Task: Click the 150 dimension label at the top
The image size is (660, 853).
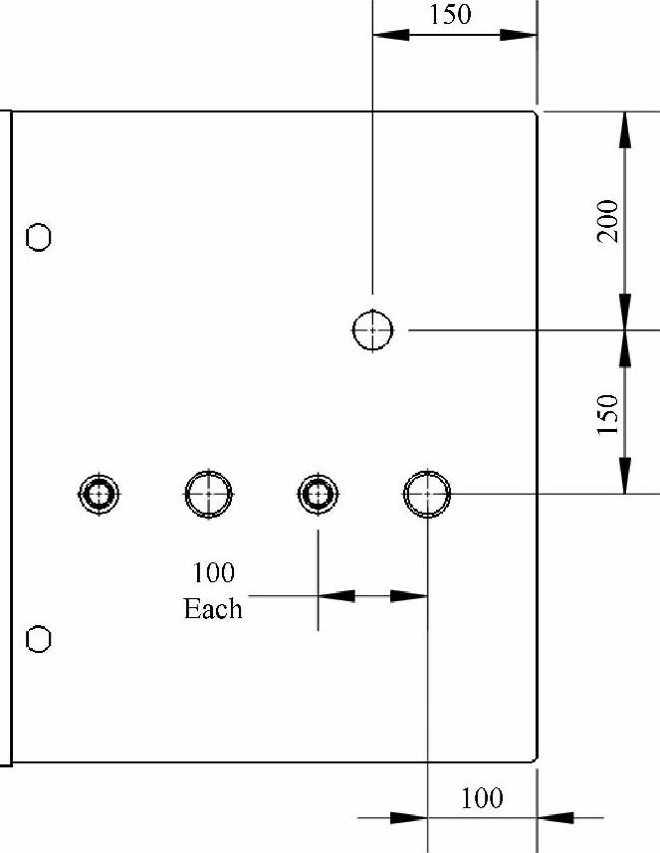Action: (x=449, y=15)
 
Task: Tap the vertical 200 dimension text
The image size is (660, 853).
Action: (x=609, y=220)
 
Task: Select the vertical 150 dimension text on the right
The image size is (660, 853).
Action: (x=609, y=413)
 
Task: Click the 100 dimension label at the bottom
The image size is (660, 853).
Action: (x=483, y=797)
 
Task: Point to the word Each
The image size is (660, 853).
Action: (x=213, y=608)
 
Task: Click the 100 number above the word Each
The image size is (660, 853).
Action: (x=213, y=573)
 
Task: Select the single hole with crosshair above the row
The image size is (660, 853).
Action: (x=372, y=329)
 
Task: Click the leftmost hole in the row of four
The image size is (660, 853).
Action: (x=99, y=493)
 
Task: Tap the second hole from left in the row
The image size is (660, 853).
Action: (x=209, y=493)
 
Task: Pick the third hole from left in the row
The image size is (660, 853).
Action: (x=318, y=493)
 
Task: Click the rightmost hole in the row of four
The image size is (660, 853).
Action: (x=427, y=493)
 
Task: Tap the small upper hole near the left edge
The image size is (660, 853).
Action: (x=39, y=237)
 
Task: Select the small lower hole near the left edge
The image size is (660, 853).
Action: (x=39, y=638)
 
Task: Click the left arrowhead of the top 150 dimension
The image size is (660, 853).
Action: (x=390, y=34)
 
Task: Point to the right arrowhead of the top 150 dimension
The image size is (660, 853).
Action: (x=519, y=34)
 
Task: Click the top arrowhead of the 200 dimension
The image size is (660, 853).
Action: (x=624, y=128)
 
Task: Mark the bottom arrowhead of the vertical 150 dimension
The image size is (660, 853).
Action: (x=624, y=476)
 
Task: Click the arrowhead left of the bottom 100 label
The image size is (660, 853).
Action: (x=409, y=818)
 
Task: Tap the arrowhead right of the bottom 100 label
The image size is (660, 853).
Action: (x=554, y=818)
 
